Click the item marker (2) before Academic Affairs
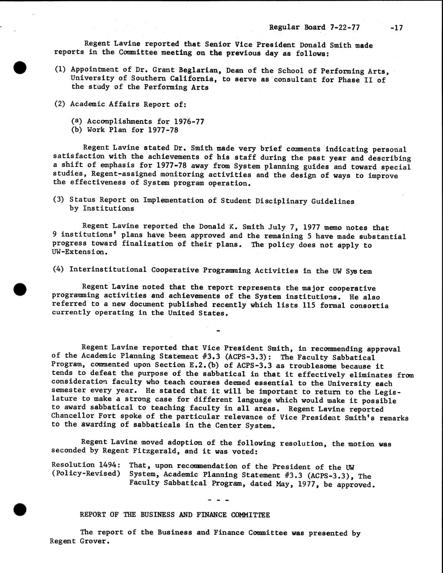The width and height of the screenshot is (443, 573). (x=60, y=104)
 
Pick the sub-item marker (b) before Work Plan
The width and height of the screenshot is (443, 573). (x=77, y=130)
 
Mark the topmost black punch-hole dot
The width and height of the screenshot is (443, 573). (x=20, y=67)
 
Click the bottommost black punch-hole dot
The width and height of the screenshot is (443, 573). (x=20, y=509)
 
